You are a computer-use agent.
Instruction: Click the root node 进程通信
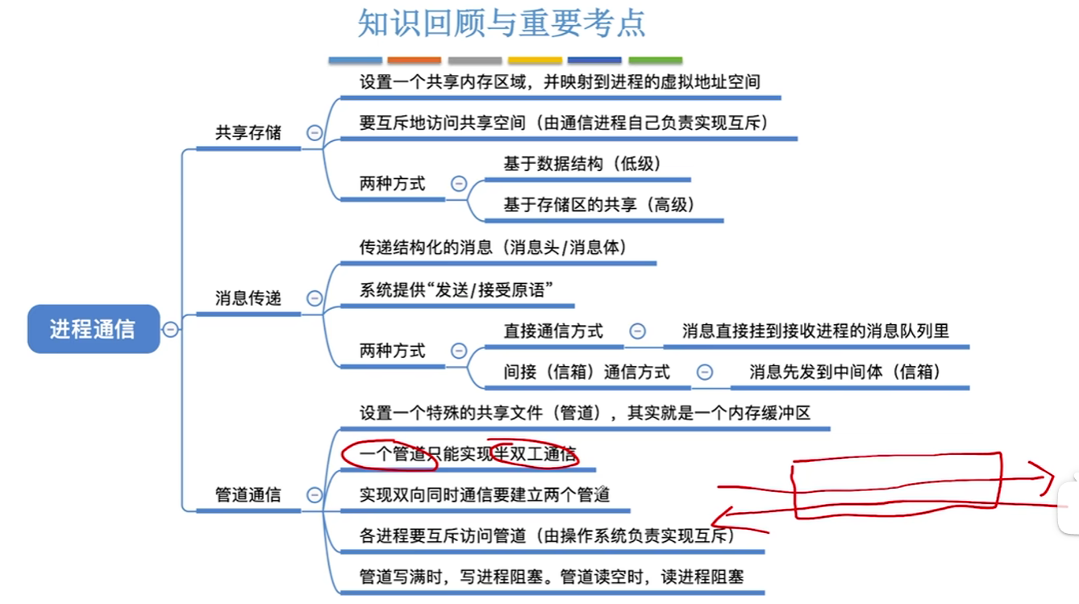pyautogui.click(x=93, y=329)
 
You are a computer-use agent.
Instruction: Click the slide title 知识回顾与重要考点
pyautogui.click(x=502, y=24)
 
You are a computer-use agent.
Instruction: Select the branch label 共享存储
pyautogui.click(x=248, y=133)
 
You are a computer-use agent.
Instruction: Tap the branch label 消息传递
pyautogui.click(x=248, y=298)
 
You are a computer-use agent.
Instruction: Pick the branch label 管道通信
pyautogui.click(x=248, y=495)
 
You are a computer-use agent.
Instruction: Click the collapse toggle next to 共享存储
pyautogui.click(x=315, y=133)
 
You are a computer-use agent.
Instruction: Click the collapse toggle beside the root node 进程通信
pyautogui.click(x=170, y=329)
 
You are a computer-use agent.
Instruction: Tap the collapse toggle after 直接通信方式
pyautogui.click(x=637, y=331)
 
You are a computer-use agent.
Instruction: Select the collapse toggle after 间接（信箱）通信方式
pyautogui.click(x=704, y=372)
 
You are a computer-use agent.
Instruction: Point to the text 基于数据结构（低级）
pyautogui.click(x=582, y=164)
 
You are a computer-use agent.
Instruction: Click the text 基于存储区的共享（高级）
pyautogui.click(x=599, y=205)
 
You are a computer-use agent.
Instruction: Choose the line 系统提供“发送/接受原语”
pyautogui.click(x=456, y=290)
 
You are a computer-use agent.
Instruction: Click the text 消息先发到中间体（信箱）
pyautogui.click(x=846, y=372)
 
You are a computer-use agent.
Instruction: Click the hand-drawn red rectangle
pyautogui.click(x=898, y=484)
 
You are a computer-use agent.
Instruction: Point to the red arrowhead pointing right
pyautogui.click(x=1048, y=476)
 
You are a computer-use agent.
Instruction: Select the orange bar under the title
pyautogui.click(x=414, y=60)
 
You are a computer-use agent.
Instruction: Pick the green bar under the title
pyautogui.click(x=655, y=60)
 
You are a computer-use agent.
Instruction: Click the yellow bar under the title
pyautogui.click(x=535, y=60)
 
